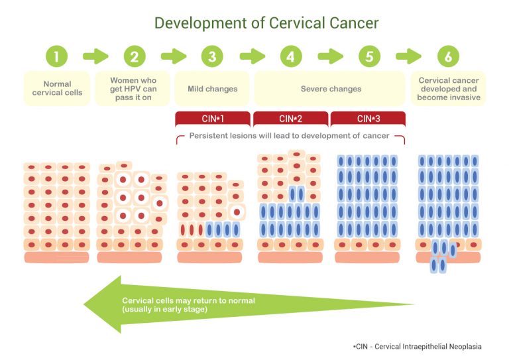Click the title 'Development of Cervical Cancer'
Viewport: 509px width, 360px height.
(266, 23)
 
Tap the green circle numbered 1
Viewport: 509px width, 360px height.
(57, 56)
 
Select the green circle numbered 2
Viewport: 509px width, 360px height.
(135, 56)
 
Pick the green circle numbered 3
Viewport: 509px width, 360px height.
(212, 56)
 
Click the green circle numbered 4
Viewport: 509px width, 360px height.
(290, 56)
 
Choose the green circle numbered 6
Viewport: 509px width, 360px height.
(448, 56)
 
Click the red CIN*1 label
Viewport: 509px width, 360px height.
(213, 119)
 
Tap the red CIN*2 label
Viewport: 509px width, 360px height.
(290, 119)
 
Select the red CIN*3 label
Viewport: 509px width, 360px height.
(368, 119)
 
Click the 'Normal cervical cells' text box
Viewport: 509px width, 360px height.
(58, 88)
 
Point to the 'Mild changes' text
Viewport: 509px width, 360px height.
(213, 89)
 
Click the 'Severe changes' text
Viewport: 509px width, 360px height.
(331, 89)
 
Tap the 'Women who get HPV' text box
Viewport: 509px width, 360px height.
(135, 88)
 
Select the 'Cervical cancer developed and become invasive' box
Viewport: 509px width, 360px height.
(448, 88)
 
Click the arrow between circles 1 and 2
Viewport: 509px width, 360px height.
(95, 56)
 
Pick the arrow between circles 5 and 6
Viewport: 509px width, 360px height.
(408, 56)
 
